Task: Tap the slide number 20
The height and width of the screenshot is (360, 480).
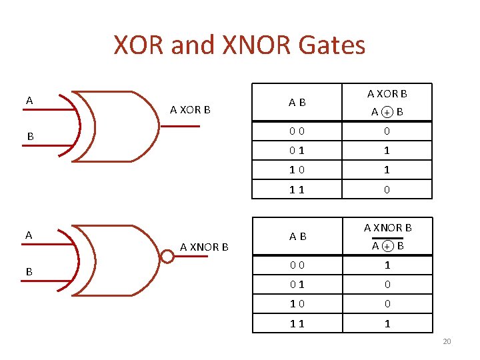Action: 447,342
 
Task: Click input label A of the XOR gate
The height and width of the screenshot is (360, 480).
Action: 29,101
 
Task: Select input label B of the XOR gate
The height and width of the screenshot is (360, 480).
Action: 30,137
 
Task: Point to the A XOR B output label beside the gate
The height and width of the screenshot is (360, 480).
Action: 190,109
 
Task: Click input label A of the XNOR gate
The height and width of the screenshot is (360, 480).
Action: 29,235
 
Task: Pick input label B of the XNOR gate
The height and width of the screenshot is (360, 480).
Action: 29,272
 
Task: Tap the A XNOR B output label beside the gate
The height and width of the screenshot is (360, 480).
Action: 204,247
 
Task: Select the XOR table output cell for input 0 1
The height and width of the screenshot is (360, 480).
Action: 387,151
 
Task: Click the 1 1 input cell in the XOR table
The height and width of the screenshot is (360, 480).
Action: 297,189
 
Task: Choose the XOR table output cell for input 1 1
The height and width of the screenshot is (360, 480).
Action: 387,189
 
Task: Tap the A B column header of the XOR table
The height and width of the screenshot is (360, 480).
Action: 297,103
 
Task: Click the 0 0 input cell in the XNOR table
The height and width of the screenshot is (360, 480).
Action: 297,265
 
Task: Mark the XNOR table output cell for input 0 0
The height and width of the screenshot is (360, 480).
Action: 387,265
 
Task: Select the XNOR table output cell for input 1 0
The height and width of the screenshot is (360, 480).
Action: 387,304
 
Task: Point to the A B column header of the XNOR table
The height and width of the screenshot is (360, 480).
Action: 297,237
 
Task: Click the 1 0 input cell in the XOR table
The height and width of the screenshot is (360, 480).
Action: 297,170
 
